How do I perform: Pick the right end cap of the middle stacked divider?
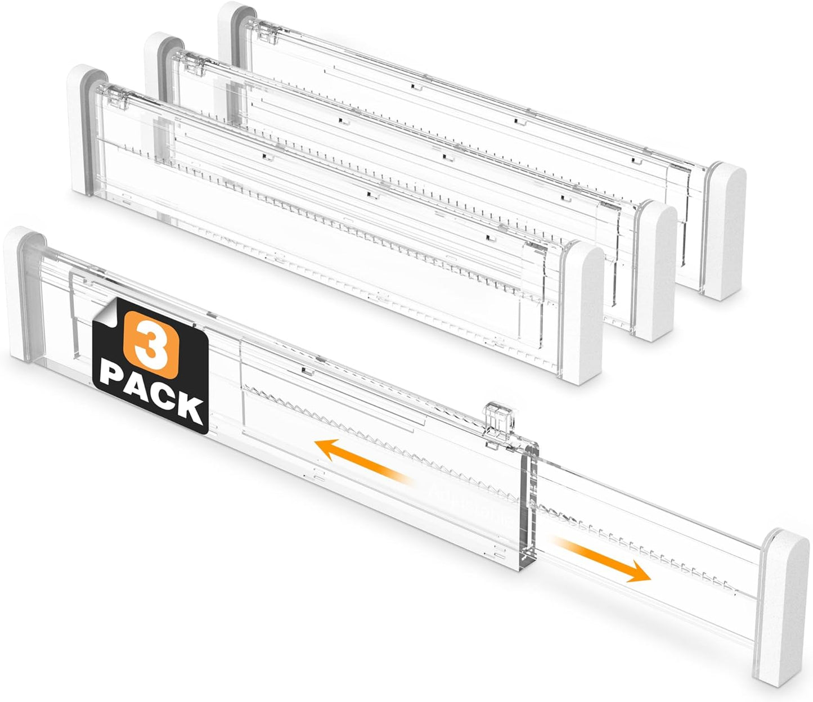(656, 270)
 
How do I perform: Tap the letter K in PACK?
(191, 411)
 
